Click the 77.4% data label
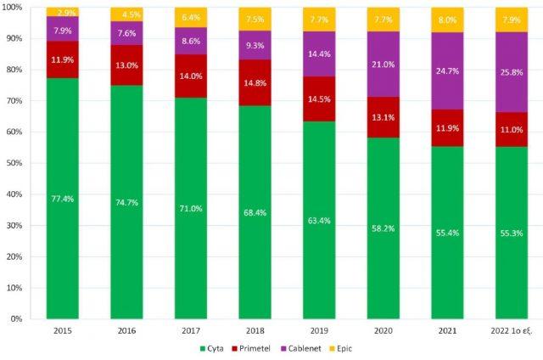pos(62,198)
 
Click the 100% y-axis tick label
pos(14,8)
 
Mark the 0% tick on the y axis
pos(18,318)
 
